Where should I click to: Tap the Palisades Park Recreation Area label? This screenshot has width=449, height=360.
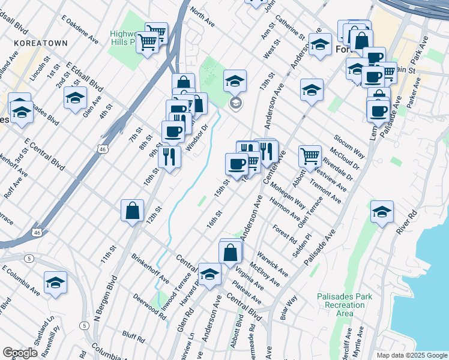click(345, 305)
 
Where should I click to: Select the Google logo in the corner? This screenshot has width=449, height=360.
click(20, 352)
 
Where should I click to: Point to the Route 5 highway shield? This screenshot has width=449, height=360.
click(29, 258)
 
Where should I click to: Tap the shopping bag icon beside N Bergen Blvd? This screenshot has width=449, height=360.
click(132, 211)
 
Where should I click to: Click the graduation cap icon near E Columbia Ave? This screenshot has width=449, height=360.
click(55, 283)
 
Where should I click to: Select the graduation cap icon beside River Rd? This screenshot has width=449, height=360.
click(382, 212)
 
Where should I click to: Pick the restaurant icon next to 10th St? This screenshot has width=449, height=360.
click(169, 157)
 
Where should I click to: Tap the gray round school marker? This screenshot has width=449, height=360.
click(236, 103)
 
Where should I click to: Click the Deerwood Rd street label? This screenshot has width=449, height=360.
click(150, 305)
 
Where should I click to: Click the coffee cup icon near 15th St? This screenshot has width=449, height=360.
click(237, 164)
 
